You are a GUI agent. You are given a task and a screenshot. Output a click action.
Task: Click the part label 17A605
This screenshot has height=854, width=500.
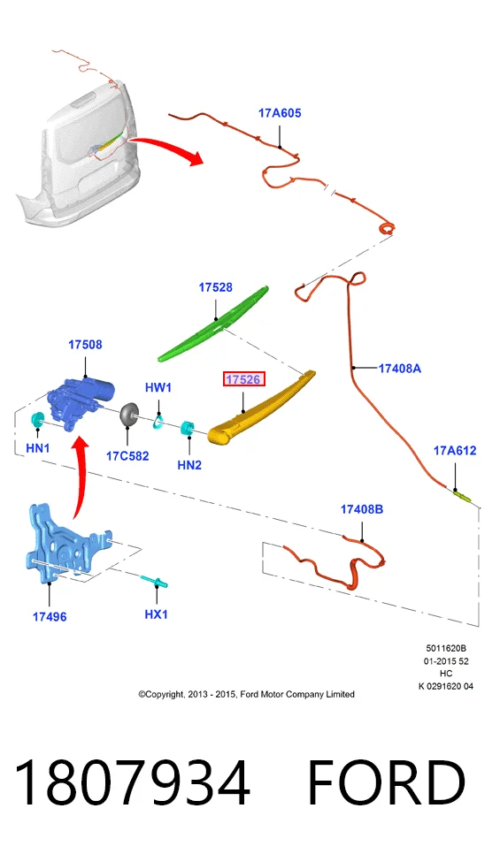coord(279,113)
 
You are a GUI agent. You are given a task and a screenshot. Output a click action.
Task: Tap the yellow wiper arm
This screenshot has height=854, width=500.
coord(262,408)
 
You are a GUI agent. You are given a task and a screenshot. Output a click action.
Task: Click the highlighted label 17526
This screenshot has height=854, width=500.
coord(243,379)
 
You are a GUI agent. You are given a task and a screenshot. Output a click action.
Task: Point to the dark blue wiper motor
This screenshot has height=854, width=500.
coord(81,402)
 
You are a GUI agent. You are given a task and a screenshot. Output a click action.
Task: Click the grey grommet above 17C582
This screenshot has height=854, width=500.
coord(128,415)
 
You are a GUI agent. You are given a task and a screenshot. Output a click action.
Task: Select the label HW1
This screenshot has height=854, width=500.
coord(158,388)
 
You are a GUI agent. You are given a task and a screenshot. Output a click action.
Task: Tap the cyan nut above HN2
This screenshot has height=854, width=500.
coord(188,429)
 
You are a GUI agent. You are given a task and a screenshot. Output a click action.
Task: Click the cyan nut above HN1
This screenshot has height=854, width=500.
coord(37,420)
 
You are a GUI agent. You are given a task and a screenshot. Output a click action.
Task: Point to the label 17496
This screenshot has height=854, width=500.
coord(50,616)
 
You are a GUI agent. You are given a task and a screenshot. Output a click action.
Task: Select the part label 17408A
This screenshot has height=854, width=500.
coord(400,369)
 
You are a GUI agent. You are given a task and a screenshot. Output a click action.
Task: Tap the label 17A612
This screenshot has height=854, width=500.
coord(455,451)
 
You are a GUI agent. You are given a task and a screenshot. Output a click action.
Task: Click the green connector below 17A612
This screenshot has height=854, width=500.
coord(462,496)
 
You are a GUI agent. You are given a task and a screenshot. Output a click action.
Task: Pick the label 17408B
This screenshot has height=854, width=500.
coord(362,509)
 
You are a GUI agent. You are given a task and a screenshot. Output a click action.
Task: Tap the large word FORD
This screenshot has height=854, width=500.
coord(387,782)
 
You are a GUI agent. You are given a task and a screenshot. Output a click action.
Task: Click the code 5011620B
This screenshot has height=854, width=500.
coord(446,649)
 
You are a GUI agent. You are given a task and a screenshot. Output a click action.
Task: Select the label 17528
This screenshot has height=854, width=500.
coord(215,287)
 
